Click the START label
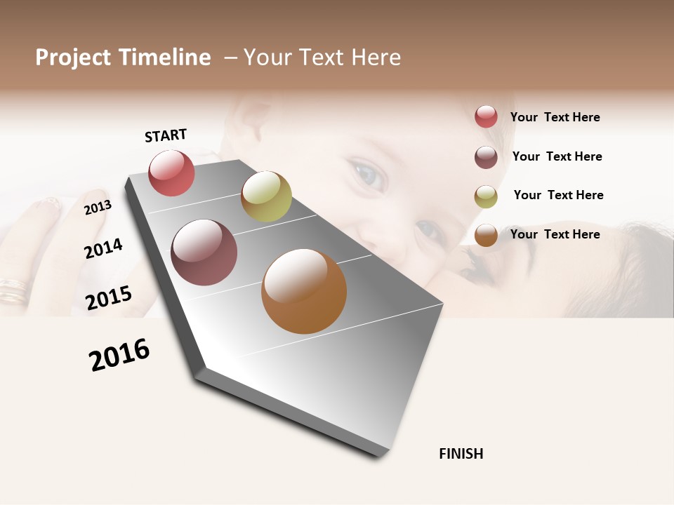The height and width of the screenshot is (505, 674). click(x=166, y=135)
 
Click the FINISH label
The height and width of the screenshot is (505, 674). click(x=461, y=454)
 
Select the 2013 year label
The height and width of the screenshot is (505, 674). click(x=98, y=207)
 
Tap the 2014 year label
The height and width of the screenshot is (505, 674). click(x=103, y=248)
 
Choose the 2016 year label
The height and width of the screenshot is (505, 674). click(x=119, y=355)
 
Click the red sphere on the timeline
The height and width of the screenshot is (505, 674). click(x=171, y=173)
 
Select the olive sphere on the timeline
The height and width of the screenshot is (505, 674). click(x=266, y=196)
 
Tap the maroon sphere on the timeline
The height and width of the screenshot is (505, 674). click(x=204, y=252)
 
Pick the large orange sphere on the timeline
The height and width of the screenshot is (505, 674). click(x=304, y=291)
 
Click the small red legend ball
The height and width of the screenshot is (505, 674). click(x=486, y=116)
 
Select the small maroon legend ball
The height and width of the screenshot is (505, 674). click(x=486, y=157)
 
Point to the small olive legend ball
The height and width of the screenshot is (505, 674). click(x=486, y=196)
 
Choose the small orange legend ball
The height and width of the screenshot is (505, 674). click(x=486, y=236)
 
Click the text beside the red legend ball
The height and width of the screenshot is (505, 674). click(x=555, y=117)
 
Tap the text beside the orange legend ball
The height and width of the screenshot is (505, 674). click(x=555, y=234)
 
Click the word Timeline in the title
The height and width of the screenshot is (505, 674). click(x=165, y=58)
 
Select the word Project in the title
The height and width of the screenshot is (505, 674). click(x=73, y=58)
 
